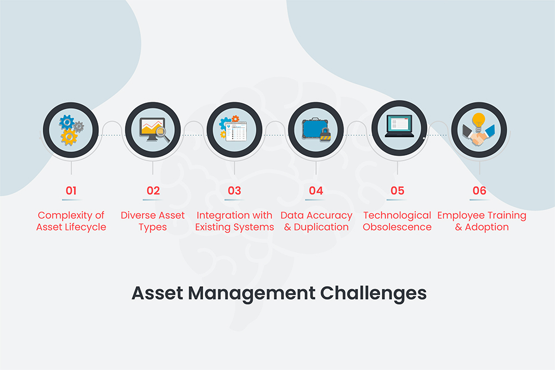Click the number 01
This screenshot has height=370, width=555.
pyautogui.click(x=71, y=191)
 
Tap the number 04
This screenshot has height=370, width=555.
pyautogui.click(x=316, y=191)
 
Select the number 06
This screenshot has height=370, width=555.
pyautogui.click(x=479, y=191)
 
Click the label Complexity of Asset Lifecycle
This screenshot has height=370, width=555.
pyautogui.click(x=71, y=221)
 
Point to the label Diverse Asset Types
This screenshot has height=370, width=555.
pyautogui.click(x=153, y=221)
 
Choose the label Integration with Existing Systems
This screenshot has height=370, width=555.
pyautogui.click(x=234, y=221)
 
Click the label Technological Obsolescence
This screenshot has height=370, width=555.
pyautogui.click(x=397, y=221)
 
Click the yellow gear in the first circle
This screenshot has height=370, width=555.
pyautogui.click(x=69, y=137)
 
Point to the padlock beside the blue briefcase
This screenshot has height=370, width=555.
pyautogui.click(x=325, y=134)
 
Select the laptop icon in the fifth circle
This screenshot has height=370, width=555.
pyautogui.click(x=398, y=126)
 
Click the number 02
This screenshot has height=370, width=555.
pyautogui.click(x=153, y=191)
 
